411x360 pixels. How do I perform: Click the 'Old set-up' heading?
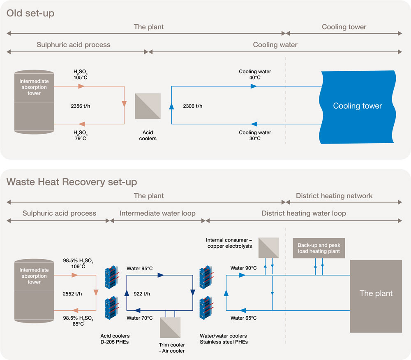pos(30,13)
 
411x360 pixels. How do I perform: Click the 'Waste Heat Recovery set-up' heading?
pos(72,181)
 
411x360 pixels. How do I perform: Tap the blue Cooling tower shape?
pos(357,106)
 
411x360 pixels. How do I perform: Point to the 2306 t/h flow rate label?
pos(192,106)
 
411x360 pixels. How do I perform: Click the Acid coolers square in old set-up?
pos(148,106)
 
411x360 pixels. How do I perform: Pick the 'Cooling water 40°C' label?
pos(255,74)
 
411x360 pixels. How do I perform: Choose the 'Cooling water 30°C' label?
pos(255,135)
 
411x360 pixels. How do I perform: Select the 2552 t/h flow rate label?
pos(72,294)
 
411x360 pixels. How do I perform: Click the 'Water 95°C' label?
pos(140,269)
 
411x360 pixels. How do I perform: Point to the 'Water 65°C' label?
pos(244,318)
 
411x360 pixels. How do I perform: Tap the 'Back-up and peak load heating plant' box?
pos(319,248)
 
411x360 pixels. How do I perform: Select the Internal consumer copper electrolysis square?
pos(268,248)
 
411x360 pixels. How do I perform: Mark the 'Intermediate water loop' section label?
pos(157,214)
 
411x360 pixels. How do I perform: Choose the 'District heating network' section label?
pos(334,196)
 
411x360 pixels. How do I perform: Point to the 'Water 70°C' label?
pos(140,318)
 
